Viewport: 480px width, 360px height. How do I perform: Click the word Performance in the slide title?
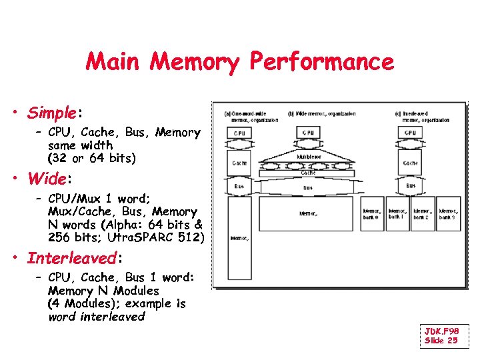(x=321, y=62)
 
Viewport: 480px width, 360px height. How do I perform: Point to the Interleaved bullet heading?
(x=71, y=257)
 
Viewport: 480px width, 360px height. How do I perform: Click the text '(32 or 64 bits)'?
(x=91, y=158)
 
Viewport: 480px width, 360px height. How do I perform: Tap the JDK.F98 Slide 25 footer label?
(x=442, y=335)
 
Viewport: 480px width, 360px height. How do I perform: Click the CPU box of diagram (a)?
(x=239, y=133)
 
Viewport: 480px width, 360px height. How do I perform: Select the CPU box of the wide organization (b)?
(x=308, y=133)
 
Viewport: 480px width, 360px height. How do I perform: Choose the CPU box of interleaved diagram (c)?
(x=411, y=133)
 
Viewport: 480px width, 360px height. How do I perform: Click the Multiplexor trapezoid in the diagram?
(x=307, y=157)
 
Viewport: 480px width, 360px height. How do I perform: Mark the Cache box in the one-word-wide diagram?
(x=239, y=163)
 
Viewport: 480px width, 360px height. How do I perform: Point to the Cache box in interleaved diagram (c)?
(x=411, y=163)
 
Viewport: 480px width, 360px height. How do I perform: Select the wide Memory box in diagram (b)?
(x=307, y=213)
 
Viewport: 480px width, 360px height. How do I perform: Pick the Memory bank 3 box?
(x=449, y=213)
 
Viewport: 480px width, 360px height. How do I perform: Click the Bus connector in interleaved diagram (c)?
(x=411, y=186)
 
